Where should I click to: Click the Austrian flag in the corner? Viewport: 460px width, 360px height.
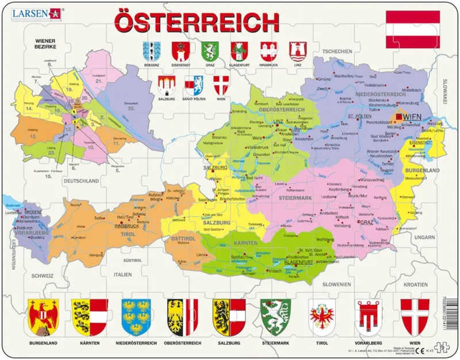412,28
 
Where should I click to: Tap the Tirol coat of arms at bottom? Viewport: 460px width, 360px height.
321,317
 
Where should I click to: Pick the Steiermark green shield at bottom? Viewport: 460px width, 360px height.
274,317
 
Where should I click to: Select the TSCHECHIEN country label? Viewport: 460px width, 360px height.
336,52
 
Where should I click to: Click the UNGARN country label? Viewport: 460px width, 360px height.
425,236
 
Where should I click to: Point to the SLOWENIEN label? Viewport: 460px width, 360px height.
336,284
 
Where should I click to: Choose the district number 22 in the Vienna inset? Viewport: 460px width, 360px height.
131,108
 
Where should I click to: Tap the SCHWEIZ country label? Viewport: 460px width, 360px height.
42,275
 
